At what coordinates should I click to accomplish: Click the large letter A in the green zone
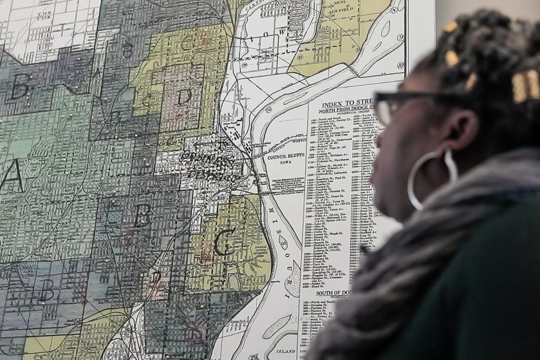coord(12,176)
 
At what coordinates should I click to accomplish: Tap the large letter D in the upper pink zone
coord(184,97)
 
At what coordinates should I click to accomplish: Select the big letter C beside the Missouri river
coord(225,242)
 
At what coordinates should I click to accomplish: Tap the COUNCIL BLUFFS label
coord(286,157)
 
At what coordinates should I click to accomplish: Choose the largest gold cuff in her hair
coord(525,85)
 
